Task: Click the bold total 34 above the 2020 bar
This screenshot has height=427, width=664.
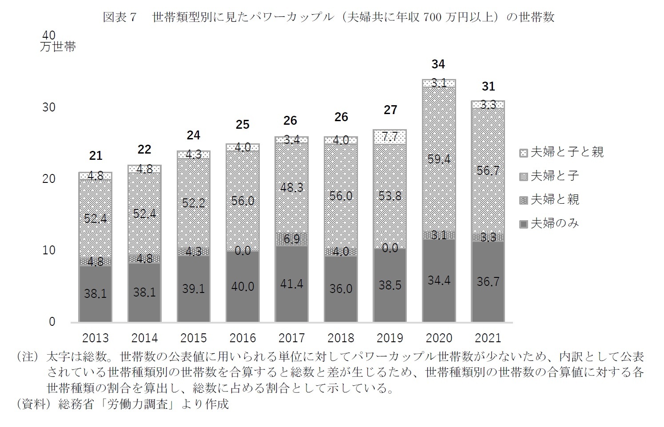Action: click(438, 64)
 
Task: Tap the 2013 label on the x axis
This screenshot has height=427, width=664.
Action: click(95, 338)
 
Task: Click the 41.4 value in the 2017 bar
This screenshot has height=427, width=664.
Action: click(292, 284)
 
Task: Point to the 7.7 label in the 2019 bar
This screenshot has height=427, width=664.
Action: click(390, 137)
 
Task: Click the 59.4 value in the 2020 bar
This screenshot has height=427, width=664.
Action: click(439, 159)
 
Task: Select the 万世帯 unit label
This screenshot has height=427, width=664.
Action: click(58, 47)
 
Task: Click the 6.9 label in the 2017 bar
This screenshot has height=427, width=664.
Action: click(292, 239)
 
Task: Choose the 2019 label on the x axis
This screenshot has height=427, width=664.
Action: click(390, 338)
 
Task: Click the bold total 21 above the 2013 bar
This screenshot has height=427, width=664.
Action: click(95, 156)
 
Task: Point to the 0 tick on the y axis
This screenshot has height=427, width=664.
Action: click(52, 322)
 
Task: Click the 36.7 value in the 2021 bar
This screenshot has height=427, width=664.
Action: click(488, 282)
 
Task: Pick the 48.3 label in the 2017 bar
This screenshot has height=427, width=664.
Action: click(292, 188)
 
